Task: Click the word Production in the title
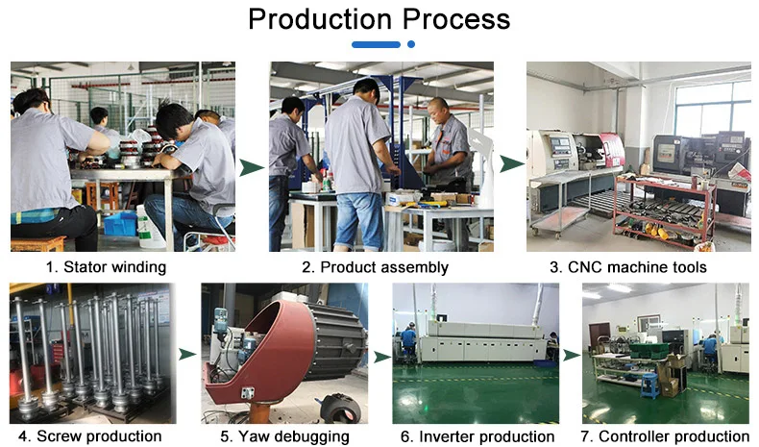(x=320, y=19)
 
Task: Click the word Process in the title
(x=456, y=19)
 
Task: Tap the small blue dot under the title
(x=411, y=44)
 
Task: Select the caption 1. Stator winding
(x=106, y=267)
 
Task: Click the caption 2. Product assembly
(x=375, y=267)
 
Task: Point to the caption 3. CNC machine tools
(x=627, y=267)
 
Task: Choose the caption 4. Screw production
(x=89, y=436)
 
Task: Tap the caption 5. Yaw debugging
(x=284, y=436)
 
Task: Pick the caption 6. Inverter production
(x=477, y=436)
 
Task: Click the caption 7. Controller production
(x=665, y=436)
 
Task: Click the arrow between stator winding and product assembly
(x=251, y=167)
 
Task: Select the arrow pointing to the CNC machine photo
(x=511, y=163)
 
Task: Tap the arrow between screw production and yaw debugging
(x=186, y=355)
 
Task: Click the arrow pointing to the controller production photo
(x=572, y=355)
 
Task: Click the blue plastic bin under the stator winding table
(x=120, y=223)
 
